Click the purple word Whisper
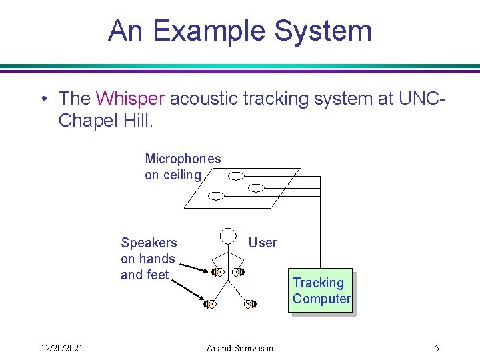[x=130, y=99]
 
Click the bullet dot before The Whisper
[x=43, y=99]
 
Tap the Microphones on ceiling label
[x=182, y=167]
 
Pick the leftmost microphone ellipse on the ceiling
[x=217, y=196]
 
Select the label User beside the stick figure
[x=263, y=243]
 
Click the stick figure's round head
[x=229, y=236]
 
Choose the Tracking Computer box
[x=321, y=291]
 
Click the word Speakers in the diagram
[x=149, y=243]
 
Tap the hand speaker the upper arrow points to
[x=217, y=272]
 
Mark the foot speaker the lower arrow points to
[x=211, y=304]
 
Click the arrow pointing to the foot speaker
[x=187, y=289]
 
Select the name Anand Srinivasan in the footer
[x=240, y=348]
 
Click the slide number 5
[x=437, y=348]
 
